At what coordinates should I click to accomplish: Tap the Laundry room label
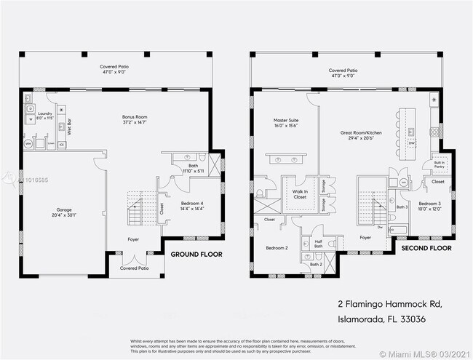pyautogui.click(x=45, y=115)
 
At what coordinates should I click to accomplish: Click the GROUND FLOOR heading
pyautogui.click(x=196, y=255)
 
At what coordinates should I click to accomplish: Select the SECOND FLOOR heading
pyautogui.click(x=426, y=248)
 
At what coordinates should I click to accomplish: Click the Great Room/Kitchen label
pyautogui.click(x=362, y=135)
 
